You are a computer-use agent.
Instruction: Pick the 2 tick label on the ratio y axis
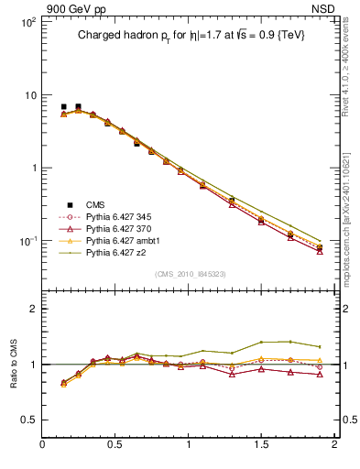click(x=32, y=310)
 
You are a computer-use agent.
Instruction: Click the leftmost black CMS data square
click(x=63, y=107)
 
